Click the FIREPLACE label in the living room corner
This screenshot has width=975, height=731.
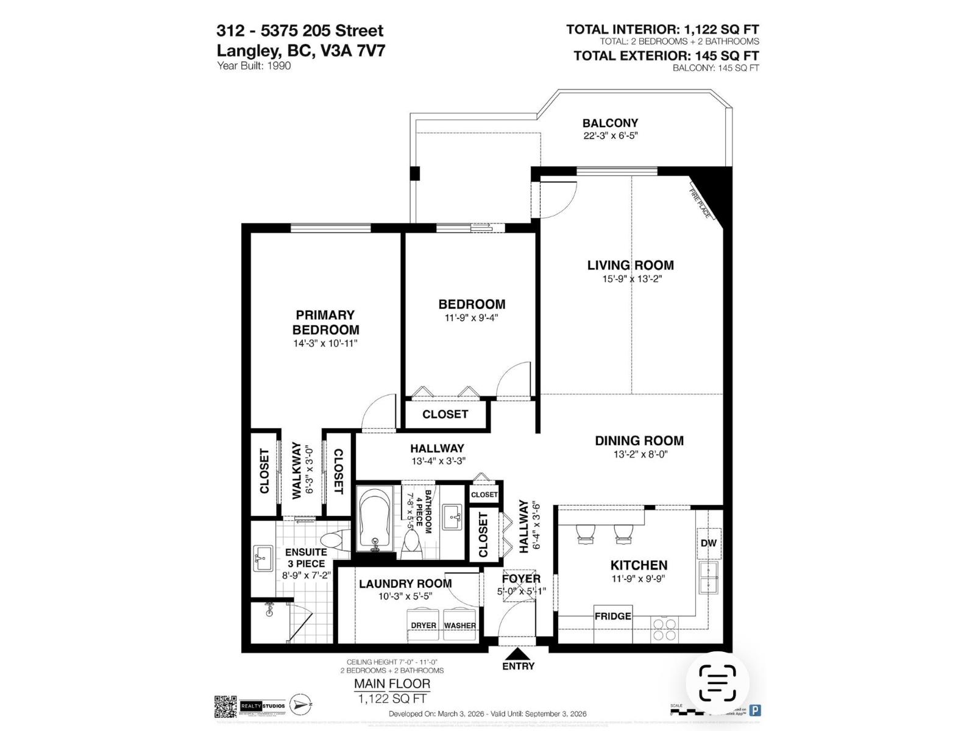tap(701, 203)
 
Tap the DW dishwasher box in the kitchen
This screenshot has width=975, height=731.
tap(708, 543)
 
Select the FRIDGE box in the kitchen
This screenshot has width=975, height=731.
tap(613, 616)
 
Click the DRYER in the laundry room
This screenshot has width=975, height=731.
tap(424, 625)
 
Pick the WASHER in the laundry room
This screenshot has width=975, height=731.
tap(460, 625)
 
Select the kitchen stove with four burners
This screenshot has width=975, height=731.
tap(664, 628)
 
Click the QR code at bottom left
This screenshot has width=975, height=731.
tap(224, 705)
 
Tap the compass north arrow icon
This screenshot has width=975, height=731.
tap(300, 704)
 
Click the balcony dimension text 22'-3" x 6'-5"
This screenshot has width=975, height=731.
tap(610, 136)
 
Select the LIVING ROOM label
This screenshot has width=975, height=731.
tap(630, 265)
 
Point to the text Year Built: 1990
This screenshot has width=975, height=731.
tap(254, 66)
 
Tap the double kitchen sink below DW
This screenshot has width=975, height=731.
tap(708, 577)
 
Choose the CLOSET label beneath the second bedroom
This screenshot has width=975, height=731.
tap(445, 414)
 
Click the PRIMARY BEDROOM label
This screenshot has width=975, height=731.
tap(325, 322)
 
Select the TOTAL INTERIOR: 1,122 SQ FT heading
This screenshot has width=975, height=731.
tap(662, 29)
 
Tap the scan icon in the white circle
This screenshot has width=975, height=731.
tap(717, 683)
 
